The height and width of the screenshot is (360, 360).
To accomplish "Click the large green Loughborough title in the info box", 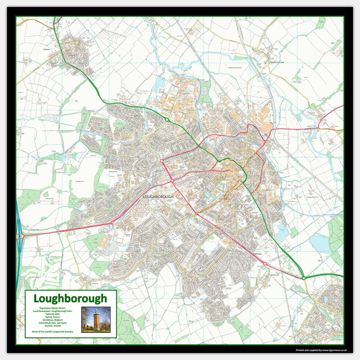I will pos(70,299).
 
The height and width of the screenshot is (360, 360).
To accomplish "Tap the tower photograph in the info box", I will pos(96,319).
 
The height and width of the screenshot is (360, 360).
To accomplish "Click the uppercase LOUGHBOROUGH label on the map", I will pos(159,197).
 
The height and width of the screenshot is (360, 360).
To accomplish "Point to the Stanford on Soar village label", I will pos(277,62).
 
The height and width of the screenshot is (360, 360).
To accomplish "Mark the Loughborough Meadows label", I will pos(235,67).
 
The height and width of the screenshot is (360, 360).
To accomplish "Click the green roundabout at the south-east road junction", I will pos(304,278).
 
